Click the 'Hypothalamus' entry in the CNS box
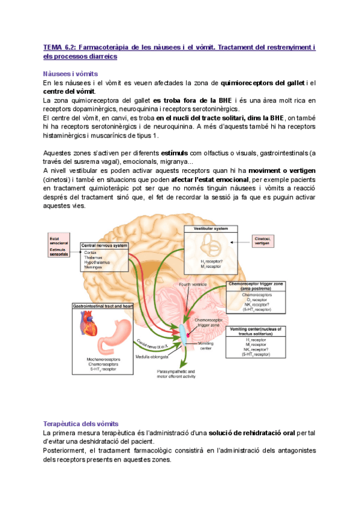[98, 263]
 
